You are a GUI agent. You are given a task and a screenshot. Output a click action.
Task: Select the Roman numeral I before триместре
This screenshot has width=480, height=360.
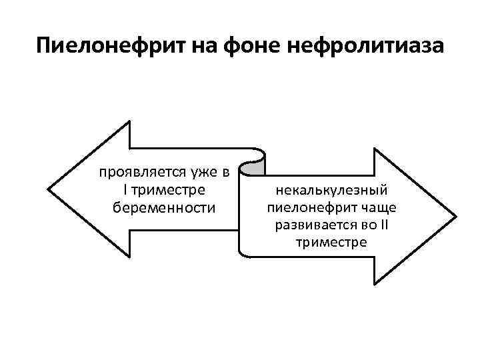(126, 191)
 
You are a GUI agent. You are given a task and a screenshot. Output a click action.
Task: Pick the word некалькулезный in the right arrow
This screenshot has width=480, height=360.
(331, 191)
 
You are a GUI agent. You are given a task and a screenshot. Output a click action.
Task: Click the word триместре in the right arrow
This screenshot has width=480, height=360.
(331, 242)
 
